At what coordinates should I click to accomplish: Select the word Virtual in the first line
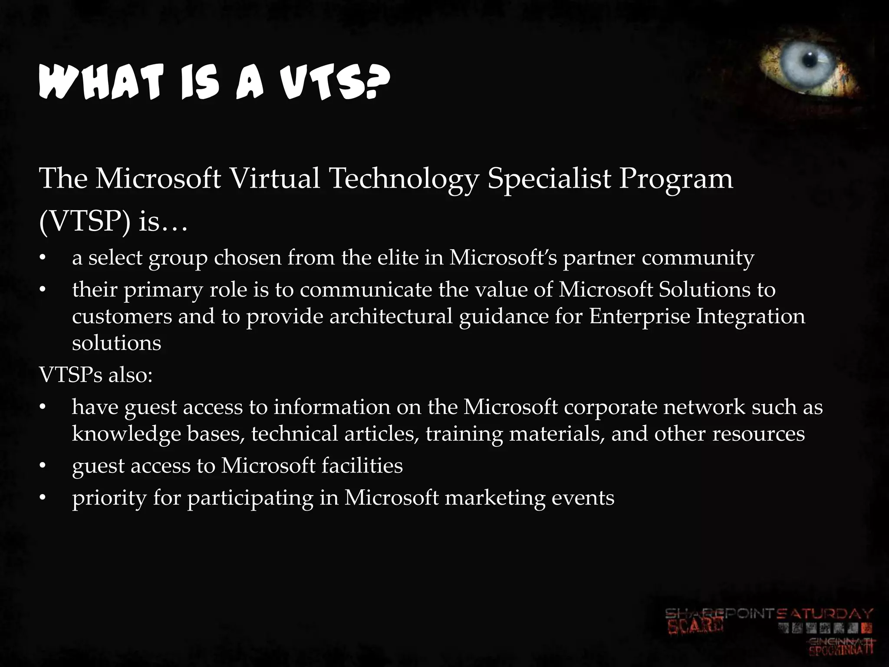274,178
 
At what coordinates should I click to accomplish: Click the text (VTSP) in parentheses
85,222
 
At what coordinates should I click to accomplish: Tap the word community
698,258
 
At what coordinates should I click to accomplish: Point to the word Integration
751,316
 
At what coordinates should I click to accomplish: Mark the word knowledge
126,434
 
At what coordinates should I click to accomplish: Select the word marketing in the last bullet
495,498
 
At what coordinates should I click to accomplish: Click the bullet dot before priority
42,498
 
